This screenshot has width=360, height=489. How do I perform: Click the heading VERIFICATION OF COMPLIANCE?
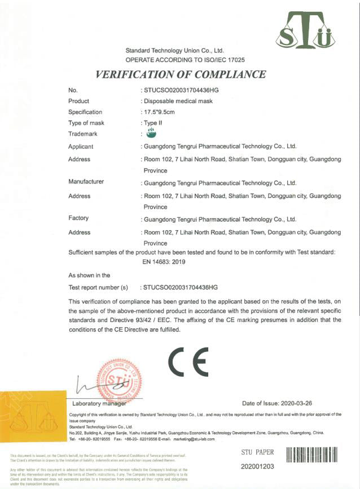pos(181,74)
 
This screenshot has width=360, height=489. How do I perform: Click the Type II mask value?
pos(152,122)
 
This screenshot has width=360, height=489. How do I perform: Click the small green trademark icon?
pos(151,133)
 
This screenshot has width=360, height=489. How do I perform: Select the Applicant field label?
pos(81,146)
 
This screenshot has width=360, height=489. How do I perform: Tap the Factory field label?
pos(78,218)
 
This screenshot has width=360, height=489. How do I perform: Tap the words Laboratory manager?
pos(99,404)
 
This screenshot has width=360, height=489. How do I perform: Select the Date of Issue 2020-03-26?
pos(284,404)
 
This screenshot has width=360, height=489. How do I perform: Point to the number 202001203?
pos(257,466)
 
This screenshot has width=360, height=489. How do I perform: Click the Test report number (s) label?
pos(99,287)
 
